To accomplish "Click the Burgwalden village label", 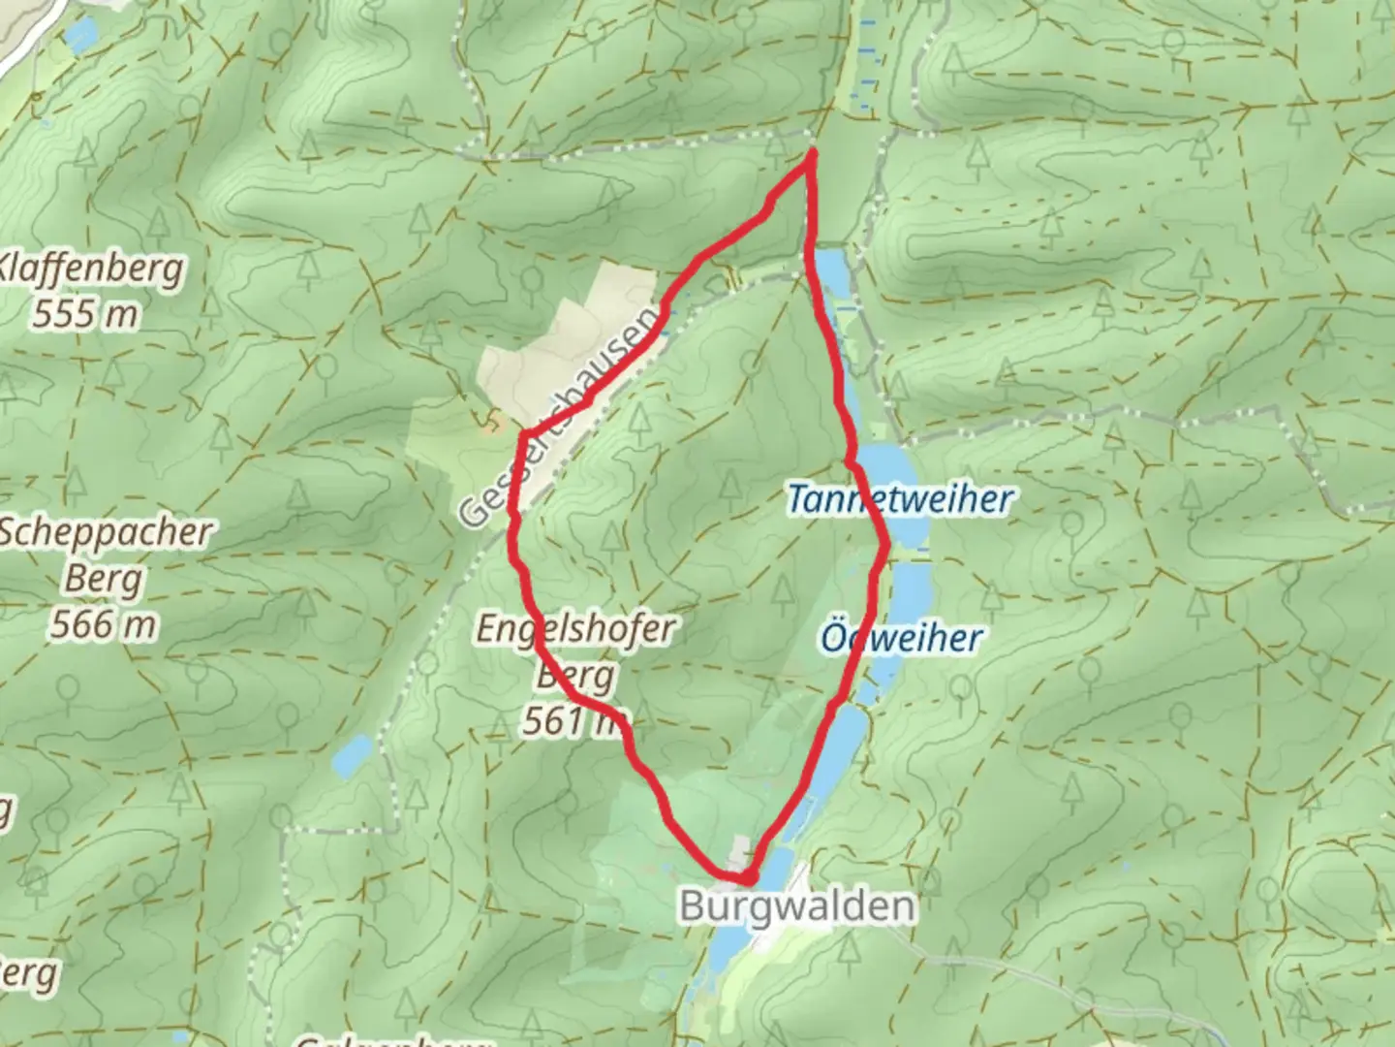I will pos(796,906).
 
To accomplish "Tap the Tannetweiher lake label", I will pos(900,500).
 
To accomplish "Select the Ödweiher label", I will pos(901,638).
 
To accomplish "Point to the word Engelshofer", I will pos(574,629).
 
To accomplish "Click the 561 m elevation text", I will pos(572,721).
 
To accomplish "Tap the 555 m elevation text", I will pos(85,314).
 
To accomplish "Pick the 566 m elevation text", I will pos(103,625).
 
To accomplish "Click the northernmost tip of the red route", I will pos(811,152).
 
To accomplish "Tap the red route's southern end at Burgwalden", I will pos(748,878).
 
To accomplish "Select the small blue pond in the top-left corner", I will pos(81,36).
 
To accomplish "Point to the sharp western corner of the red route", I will pos(524,434).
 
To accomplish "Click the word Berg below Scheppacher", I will pos(103,580).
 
